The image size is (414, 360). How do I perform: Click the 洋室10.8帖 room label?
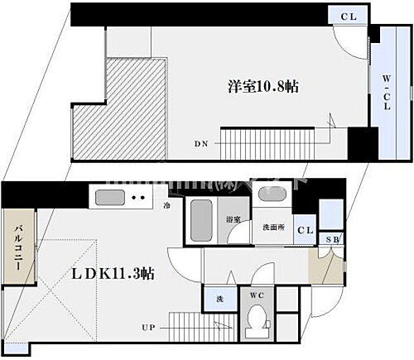(x=262, y=86)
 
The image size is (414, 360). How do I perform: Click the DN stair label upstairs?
(x=201, y=143)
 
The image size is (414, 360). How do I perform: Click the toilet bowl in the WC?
(x=257, y=318)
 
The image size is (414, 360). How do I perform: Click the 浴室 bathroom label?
(x=233, y=220)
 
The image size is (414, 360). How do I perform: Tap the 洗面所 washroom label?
(x=273, y=227)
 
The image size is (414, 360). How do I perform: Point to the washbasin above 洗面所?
(x=271, y=197)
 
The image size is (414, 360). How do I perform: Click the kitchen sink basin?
(x=110, y=197)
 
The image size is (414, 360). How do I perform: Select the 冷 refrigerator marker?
(x=167, y=206)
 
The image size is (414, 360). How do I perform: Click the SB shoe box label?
(x=332, y=241)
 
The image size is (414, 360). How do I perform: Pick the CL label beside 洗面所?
(x=305, y=230)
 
